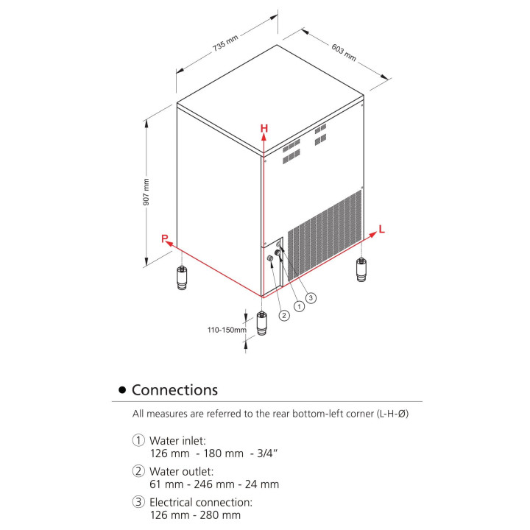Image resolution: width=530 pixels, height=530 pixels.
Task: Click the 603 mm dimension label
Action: (x=344, y=52)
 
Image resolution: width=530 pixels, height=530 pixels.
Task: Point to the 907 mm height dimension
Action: (x=146, y=191)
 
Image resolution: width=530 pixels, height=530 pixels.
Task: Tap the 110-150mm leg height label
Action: (x=226, y=331)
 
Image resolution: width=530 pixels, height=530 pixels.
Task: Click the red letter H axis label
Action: (x=264, y=129)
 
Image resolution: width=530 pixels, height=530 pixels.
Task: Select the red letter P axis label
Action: (x=166, y=239)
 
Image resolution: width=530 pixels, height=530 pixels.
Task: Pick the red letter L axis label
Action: (x=381, y=230)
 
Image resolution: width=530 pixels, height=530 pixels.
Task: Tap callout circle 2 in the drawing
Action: (x=283, y=315)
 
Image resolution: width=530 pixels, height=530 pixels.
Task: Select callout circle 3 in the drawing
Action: (x=311, y=297)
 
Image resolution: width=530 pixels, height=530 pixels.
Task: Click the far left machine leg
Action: (x=182, y=279)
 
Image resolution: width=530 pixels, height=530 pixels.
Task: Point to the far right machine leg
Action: (x=361, y=269)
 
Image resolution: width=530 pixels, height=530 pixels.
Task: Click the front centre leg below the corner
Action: (x=261, y=325)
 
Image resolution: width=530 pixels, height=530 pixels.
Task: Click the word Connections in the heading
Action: (x=174, y=389)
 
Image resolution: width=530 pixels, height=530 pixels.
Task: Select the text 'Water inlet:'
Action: (x=174, y=440)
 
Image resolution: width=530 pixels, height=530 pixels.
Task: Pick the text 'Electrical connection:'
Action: (x=201, y=502)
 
